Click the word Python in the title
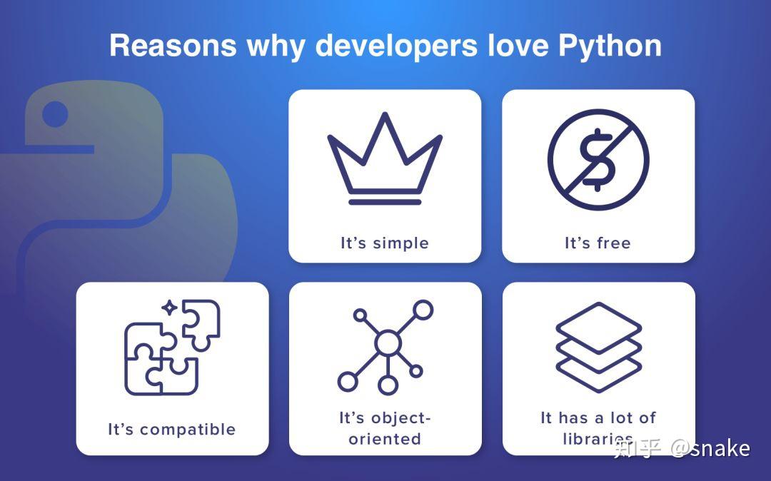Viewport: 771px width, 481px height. point(610,46)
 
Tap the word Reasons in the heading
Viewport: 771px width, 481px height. point(173,46)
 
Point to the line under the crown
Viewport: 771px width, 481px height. point(385,203)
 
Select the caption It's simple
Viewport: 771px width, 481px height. point(385,243)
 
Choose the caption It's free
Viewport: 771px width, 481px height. point(598,243)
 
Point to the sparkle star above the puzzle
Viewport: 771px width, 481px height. point(170,308)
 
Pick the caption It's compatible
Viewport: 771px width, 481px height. point(172,430)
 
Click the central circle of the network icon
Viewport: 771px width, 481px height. point(388,343)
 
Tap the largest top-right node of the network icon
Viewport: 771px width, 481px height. point(423,310)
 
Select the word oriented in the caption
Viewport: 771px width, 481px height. point(385,439)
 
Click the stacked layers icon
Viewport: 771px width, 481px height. point(598,348)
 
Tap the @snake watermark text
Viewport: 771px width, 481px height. point(710,448)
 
